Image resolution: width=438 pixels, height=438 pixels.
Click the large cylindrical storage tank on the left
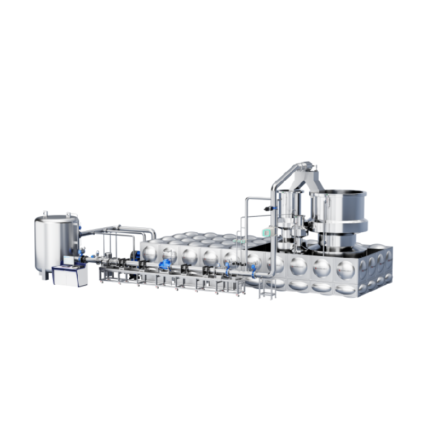56,241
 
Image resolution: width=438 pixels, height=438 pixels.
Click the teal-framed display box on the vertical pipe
266,233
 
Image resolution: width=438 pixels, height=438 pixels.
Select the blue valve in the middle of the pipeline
164,265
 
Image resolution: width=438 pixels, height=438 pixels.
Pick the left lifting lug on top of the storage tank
47,213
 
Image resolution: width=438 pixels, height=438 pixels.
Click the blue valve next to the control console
82,253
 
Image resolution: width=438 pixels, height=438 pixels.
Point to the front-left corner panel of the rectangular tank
149,253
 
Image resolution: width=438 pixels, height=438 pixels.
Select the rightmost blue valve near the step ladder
253,269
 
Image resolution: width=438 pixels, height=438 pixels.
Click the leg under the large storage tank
44,275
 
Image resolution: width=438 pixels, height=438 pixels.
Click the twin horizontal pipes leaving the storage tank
118,229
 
